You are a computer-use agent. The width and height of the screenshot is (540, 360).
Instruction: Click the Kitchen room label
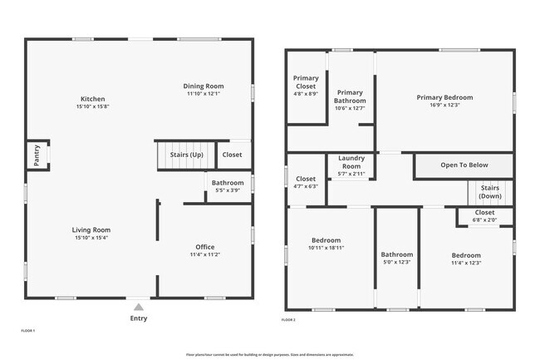tap(92, 99)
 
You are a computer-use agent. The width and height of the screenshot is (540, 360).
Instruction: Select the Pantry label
tap(37, 154)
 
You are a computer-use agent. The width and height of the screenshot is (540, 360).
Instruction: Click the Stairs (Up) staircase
tap(179, 155)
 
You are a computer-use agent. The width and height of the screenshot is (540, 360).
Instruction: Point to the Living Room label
tap(92, 229)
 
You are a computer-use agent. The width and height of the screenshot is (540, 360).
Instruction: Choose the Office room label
tap(205, 247)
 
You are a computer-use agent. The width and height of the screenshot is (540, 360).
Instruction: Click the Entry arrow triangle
tap(138, 306)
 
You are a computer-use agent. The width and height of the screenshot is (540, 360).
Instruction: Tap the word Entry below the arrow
tap(138, 318)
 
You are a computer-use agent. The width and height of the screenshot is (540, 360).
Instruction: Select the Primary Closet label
tap(306, 82)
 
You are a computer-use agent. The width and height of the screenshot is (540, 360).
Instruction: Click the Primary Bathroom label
tap(350, 96)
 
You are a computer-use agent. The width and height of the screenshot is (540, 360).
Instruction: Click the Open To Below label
tap(464, 165)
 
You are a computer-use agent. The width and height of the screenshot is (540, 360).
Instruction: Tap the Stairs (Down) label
tap(490, 192)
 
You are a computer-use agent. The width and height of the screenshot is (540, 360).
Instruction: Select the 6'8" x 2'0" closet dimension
tap(484, 220)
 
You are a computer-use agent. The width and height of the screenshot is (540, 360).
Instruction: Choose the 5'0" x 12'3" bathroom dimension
tap(397, 263)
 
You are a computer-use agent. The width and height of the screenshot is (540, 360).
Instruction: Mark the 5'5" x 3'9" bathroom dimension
tap(228, 190)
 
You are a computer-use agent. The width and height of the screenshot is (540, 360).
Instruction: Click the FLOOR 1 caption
tap(28, 330)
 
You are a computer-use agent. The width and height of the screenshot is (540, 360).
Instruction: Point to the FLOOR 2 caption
tap(288, 319)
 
